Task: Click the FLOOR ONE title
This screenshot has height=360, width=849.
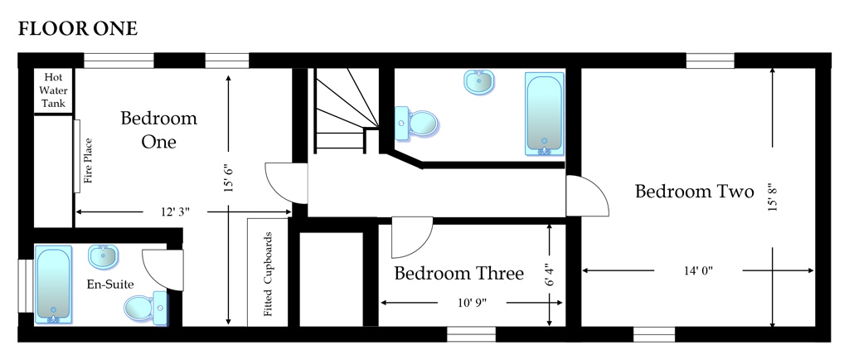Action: tap(78, 29)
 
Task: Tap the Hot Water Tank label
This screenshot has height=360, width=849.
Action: tap(53, 90)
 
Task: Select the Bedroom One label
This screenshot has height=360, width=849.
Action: tap(158, 130)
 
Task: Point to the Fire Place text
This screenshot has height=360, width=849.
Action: tap(88, 161)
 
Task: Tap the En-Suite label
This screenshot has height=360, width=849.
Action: tap(110, 285)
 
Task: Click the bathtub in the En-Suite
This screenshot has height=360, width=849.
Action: tap(53, 285)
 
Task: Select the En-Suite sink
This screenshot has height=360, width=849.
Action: tap(103, 255)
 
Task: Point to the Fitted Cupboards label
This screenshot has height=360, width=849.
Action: tap(268, 275)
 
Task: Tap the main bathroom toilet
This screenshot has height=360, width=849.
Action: tap(416, 123)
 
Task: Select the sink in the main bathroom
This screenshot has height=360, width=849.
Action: tap(479, 82)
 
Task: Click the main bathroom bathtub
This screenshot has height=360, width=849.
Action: tap(544, 114)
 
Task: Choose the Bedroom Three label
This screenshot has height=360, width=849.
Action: tap(458, 274)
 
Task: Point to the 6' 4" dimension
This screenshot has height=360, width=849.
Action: tap(549, 275)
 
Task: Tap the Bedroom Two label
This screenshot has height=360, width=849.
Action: tap(694, 192)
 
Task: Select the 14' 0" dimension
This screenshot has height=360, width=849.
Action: tap(698, 270)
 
